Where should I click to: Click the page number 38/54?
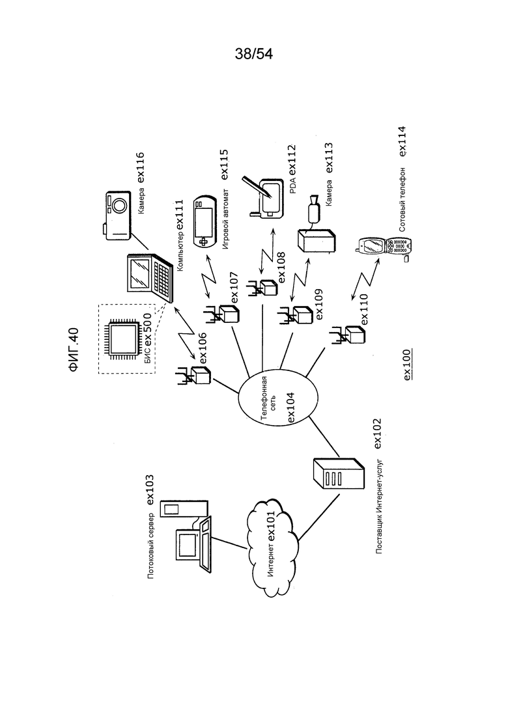point(254,54)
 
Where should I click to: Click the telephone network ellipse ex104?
point(277,399)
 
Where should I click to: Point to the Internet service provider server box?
point(339,475)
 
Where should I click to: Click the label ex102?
point(378,433)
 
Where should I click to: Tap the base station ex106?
point(194,374)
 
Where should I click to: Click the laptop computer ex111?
point(149,277)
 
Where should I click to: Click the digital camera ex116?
point(117,215)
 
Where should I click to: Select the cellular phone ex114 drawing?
point(385,249)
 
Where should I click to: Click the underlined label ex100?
point(407,365)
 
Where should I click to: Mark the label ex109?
point(318,304)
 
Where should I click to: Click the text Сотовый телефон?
point(402,200)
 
